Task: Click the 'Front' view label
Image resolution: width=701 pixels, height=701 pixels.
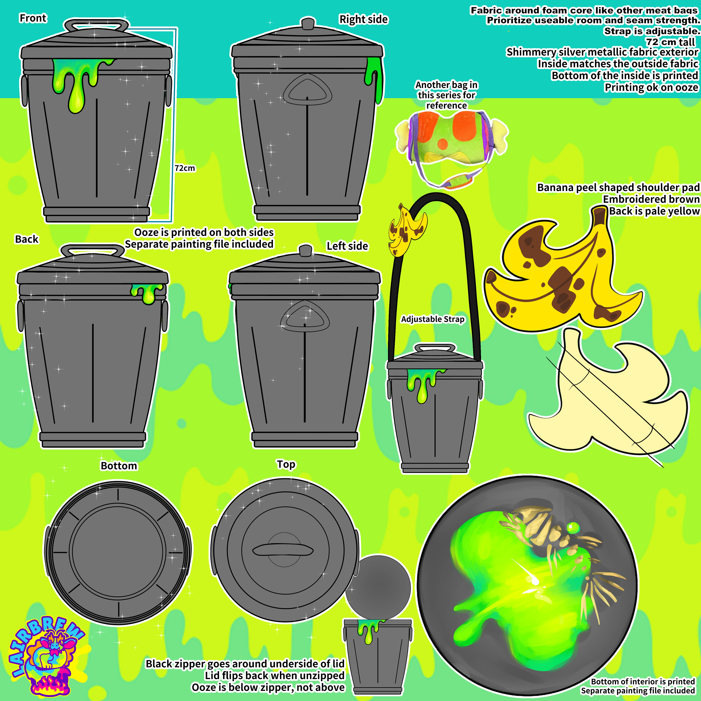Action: tap(33, 18)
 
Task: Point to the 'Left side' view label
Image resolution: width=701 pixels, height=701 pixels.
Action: tap(347, 246)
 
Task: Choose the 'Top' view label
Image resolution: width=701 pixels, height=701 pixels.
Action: tap(286, 464)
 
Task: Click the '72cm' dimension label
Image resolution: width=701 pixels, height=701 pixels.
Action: tap(185, 168)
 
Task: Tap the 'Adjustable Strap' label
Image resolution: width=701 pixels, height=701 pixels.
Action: tap(433, 319)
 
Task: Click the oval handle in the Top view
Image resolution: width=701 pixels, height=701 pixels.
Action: tap(283, 550)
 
